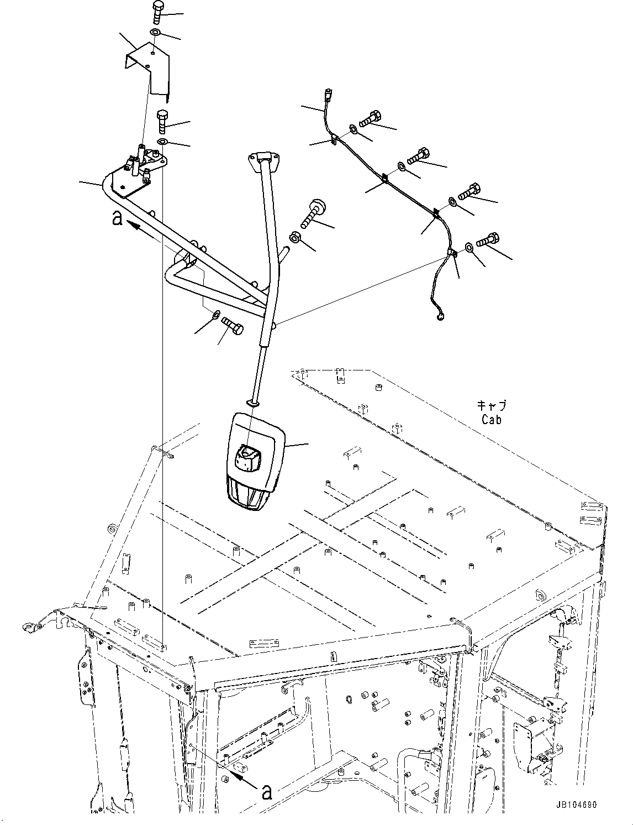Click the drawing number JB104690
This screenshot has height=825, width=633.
point(573,805)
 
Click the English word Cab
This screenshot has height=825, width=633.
point(490,420)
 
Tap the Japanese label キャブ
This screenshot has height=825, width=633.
point(490,406)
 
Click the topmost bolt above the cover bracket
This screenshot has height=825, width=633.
point(157,11)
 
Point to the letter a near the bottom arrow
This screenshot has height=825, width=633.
point(267,792)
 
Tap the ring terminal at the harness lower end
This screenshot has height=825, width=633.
point(440,316)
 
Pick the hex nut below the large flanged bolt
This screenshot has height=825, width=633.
point(295,238)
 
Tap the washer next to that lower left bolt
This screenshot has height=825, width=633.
point(215,316)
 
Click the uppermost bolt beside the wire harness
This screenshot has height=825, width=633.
point(371,118)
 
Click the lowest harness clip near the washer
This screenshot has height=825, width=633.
point(452,254)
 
